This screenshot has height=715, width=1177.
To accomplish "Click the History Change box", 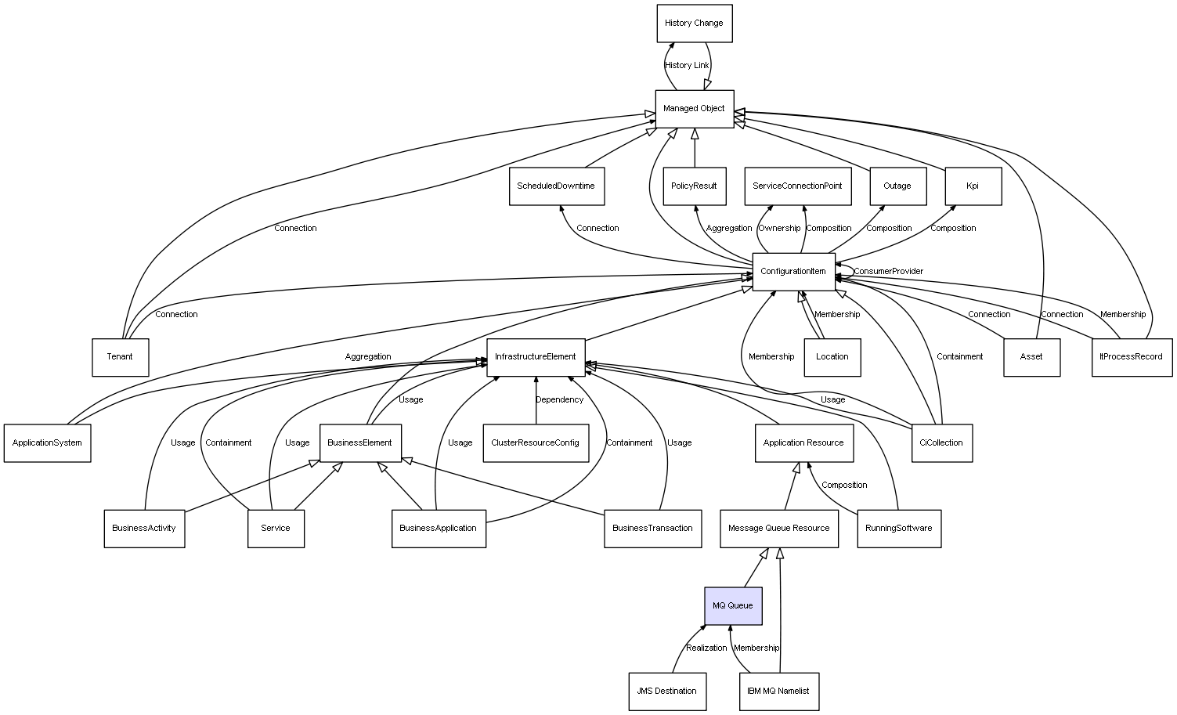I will click(694, 23).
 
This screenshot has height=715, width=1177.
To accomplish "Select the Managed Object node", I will click(694, 109).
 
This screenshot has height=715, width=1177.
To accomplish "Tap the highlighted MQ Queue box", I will click(732, 606).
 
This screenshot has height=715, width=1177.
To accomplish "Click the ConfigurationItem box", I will click(793, 272).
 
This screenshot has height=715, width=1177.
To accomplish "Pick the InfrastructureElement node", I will click(536, 357).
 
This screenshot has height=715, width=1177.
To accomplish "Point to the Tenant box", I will click(120, 357).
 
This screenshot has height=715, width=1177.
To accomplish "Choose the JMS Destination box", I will click(666, 692).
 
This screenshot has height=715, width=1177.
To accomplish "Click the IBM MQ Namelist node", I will click(778, 692).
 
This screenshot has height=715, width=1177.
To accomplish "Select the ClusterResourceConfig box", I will click(535, 443).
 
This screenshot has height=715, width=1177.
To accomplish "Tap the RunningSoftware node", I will click(898, 529).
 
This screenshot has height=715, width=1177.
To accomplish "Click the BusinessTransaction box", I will click(652, 529).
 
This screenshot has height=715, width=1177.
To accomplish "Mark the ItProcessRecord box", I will click(1131, 357).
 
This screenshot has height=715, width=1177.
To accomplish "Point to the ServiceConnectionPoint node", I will click(797, 186).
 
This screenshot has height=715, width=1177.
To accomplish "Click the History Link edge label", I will click(687, 66).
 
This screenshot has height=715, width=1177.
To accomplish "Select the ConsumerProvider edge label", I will click(888, 272).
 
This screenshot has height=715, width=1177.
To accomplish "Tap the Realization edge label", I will click(706, 648).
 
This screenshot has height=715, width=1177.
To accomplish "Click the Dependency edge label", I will click(559, 400).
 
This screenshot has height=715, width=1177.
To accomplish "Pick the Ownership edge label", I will click(779, 229).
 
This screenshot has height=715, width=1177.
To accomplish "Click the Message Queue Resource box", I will click(778, 529).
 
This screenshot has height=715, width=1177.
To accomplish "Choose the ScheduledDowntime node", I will click(556, 186).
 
